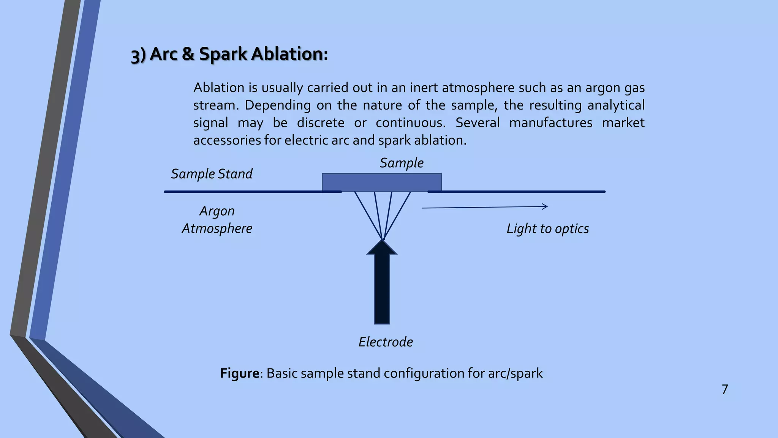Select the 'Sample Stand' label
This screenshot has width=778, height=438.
click(x=212, y=174)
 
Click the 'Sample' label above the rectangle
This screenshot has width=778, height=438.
click(x=401, y=163)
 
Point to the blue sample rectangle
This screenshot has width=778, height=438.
click(x=381, y=182)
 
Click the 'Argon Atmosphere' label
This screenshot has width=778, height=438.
click(x=217, y=219)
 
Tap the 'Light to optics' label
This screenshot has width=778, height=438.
click(x=547, y=229)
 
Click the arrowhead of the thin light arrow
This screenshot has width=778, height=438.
click(x=545, y=206)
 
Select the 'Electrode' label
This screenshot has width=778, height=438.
click(x=386, y=342)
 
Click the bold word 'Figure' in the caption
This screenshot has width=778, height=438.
click(x=239, y=373)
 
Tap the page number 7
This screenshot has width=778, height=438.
click(x=725, y=389)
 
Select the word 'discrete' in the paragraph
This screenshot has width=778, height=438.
click(x=321, y=123)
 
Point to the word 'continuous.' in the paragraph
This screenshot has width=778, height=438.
click(x=411, y=123)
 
